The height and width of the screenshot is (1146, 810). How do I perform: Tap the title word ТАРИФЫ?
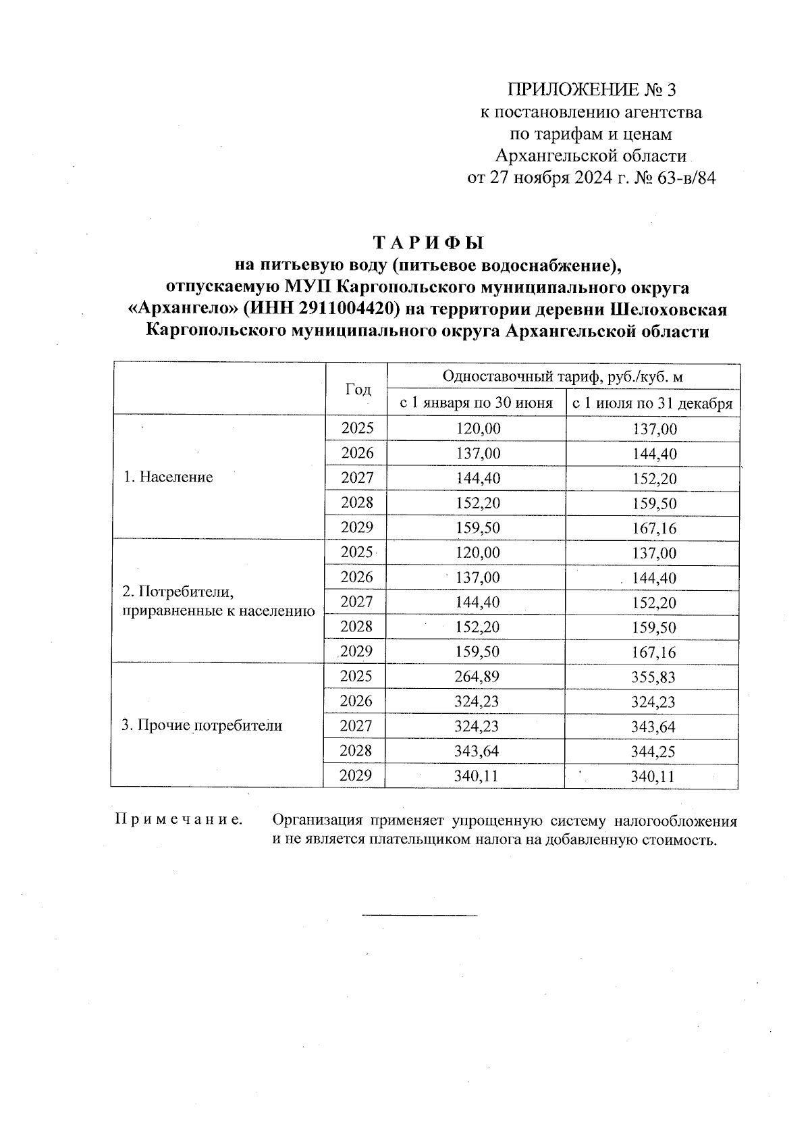429,242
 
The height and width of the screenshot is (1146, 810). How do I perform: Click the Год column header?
358,389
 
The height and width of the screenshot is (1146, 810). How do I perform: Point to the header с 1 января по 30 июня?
477,404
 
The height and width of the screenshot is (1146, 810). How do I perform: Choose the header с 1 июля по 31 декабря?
652,404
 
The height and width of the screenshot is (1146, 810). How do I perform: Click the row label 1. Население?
168,477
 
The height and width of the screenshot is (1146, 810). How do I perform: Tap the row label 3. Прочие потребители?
201,726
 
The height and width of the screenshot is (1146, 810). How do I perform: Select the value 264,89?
477,677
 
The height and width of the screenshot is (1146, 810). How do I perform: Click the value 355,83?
652,677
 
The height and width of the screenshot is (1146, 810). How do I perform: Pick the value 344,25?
652,752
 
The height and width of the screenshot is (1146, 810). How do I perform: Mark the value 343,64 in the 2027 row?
652,727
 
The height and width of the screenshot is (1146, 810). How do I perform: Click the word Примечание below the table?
179,821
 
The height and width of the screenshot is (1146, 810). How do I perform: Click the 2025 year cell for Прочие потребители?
356,677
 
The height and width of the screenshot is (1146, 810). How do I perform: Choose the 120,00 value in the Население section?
477,429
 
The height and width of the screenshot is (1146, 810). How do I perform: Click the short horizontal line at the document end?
420,916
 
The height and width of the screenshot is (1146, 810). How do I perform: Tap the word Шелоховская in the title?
669,309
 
